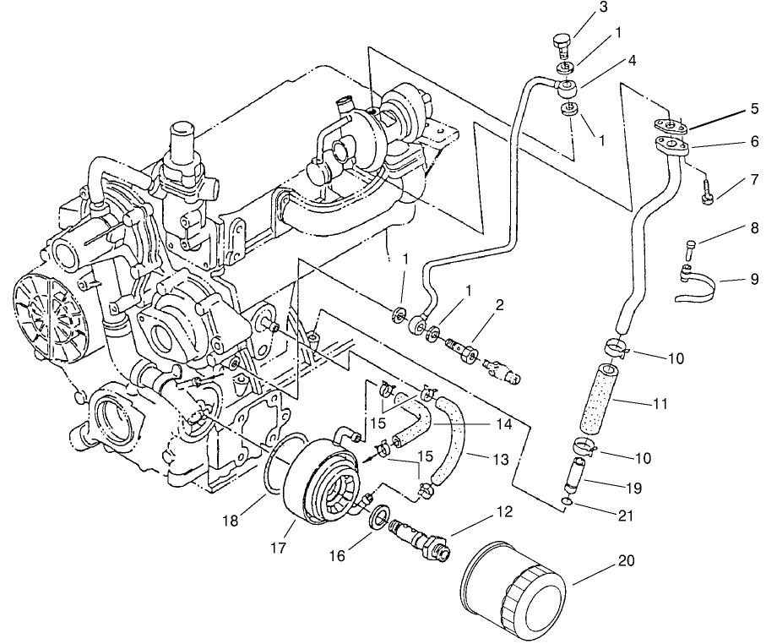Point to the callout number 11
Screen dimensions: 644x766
tap(660, 405)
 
